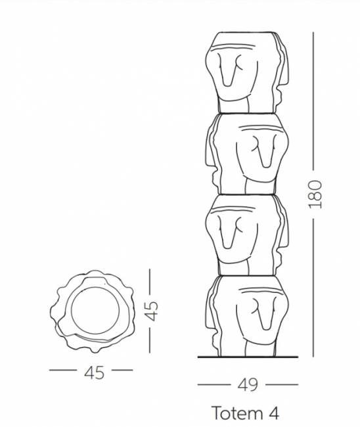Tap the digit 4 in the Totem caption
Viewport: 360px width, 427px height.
[x=273, y=413]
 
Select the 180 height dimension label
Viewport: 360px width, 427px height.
[x=316, y=194]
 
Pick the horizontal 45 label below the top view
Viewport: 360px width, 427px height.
[x=94, y=372]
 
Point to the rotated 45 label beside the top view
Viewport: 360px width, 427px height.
[x=152, y=311]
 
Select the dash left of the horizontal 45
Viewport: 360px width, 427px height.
[x=64, y=371]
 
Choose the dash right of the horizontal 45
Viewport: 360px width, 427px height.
[x=121, y=371]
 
